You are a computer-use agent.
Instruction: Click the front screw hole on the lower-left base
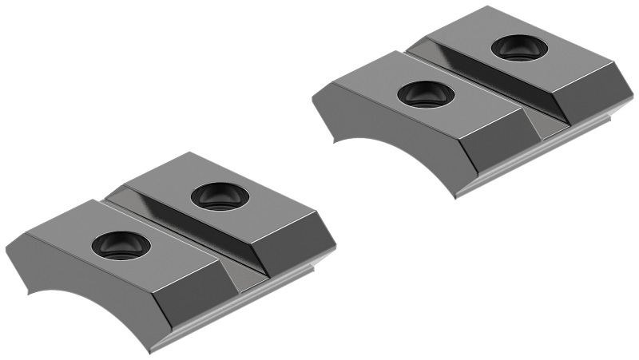click(121, 245)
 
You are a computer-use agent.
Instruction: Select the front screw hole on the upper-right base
click(425, 94)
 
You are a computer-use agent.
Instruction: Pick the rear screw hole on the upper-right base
click(520, 49)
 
